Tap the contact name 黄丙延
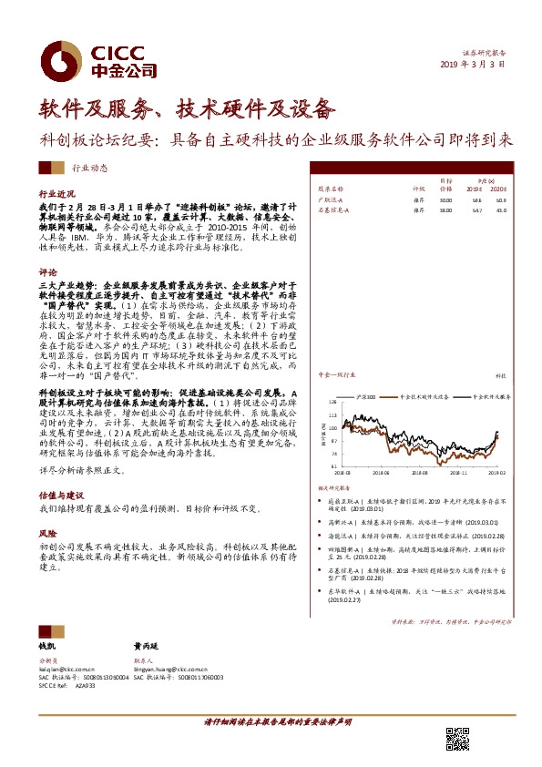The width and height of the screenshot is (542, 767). click(146, 645)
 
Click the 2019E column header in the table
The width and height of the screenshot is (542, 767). click(473, 188)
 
